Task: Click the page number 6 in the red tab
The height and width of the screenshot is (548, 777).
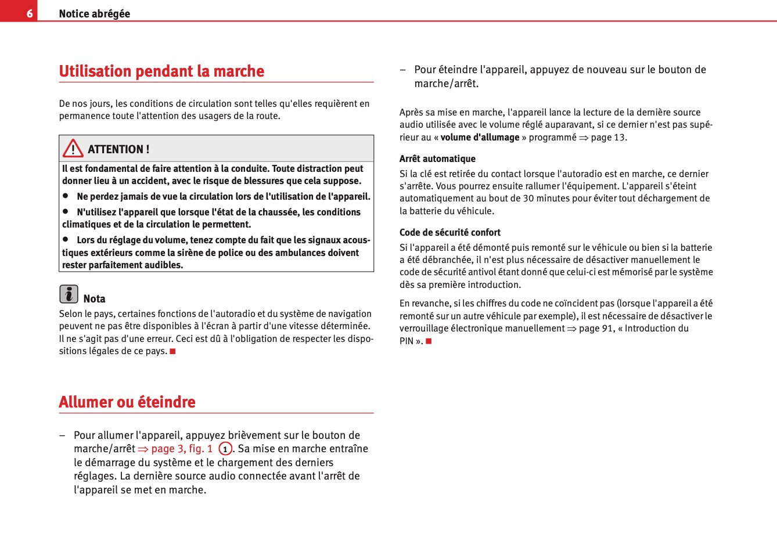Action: click(29, 13)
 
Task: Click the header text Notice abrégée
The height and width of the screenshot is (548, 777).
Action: click(94, 13)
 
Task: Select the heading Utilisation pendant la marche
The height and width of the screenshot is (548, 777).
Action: click(161, 71)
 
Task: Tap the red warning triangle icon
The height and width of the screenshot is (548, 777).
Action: click(73, 149)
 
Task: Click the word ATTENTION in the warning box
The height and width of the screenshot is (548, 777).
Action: click(115, 149)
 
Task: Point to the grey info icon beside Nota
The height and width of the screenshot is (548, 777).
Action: click(69, 294)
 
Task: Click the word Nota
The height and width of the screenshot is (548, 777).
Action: click(94, 299)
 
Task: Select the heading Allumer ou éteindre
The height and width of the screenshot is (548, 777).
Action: click(127, 402)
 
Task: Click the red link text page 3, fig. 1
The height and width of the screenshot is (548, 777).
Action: click(181, 449)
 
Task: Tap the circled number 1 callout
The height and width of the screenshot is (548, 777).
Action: click(225, 449)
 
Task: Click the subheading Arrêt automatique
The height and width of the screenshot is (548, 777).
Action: click(437, 158)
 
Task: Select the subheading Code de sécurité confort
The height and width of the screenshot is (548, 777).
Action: click(449, 232)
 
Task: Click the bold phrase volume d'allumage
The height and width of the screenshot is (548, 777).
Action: click(480, 138)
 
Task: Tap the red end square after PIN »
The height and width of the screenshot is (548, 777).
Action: click(429, 341)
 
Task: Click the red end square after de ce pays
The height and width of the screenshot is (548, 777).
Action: click(172, 351)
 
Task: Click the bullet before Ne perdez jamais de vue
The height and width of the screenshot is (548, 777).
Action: click(66, 196)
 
